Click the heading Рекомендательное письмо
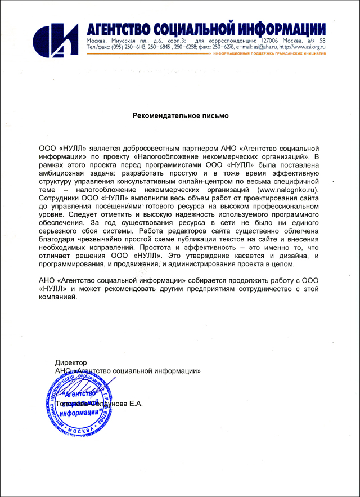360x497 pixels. tap(181, 115)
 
